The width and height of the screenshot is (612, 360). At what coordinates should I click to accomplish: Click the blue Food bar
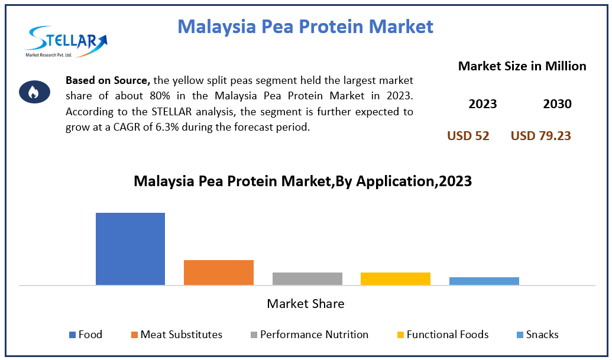[x=130, y=249]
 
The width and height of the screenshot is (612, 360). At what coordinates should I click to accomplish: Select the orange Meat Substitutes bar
[x=219, y=273]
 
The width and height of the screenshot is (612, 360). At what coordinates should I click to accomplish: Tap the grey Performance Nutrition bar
[x=307, y=279]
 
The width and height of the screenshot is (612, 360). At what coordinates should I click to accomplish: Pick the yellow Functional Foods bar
[x=396, y=279]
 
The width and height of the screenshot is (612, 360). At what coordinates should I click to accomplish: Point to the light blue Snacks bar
[x=484, y=281]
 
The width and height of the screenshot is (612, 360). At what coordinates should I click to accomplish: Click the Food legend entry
[x=86, y=335]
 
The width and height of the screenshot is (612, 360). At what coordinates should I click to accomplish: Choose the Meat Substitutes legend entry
[x=177, y=335]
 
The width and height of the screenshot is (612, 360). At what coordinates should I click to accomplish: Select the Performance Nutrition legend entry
[x=309, y=335]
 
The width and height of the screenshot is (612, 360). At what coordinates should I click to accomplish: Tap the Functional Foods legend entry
[x=443, y=335]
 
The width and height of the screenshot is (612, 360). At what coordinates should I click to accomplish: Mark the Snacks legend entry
[x=537, y=335]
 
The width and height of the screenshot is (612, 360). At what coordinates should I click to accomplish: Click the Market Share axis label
[x=306, y=304]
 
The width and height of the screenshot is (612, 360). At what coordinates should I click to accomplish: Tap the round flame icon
[x=34, y=92]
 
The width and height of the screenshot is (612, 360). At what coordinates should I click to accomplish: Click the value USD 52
[x=468, y=136]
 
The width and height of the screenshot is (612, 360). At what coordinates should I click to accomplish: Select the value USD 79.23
[x=540, y=136]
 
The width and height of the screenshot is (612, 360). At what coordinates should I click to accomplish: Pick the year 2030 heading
[x=557, y=104]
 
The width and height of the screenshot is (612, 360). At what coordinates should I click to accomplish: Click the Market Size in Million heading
[x=522, y=66]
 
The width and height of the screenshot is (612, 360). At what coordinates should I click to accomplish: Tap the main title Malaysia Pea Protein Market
[x=305, y=27]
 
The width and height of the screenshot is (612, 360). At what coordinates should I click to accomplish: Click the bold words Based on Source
[x=108, y=81]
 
